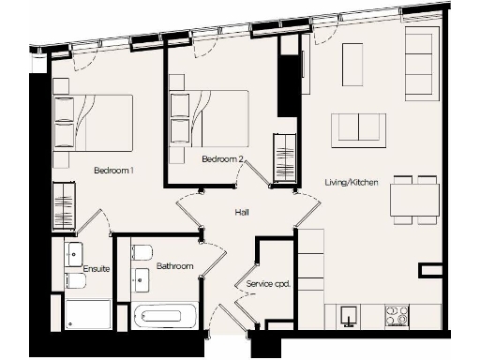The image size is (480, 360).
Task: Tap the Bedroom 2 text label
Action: (x=223, y=159)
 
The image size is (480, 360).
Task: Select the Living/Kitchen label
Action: (x=352, y=182)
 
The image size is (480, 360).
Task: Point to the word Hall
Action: (x=242, y=213)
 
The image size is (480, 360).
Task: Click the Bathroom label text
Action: (x=174, y=266)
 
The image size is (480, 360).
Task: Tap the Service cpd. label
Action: (x=264, y=283)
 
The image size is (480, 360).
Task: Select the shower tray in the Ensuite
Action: (x=88, y=313)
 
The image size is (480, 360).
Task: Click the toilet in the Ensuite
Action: (x=75, y=280)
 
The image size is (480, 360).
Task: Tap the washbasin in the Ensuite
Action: (x=73, y=252)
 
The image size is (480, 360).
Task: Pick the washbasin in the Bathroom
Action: (x=142, y=279)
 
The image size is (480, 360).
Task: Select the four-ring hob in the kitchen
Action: (x=397, y=316)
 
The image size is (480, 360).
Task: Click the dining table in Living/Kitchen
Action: (x=415, y=200)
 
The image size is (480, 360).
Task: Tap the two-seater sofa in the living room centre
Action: (x=359, y=128)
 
